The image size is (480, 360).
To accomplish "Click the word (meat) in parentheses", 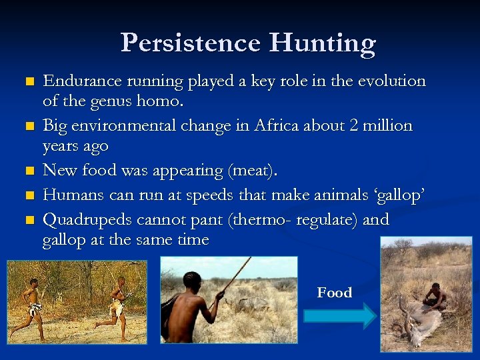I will pyautogui.click(x=251, y=171).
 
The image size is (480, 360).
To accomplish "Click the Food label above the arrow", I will pyautogui.click(x=334, y=293).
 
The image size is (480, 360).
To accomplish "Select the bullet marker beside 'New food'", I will pyautogui.click(x=27, y=172).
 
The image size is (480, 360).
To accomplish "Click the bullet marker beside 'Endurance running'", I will pyautogui.click(x=27, y=83).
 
